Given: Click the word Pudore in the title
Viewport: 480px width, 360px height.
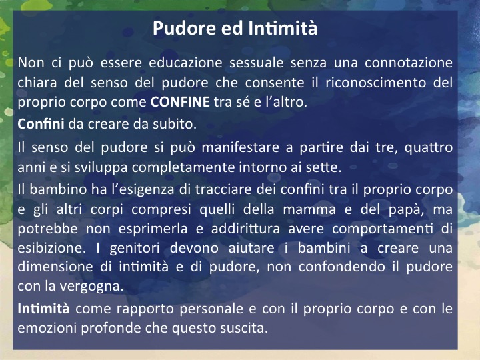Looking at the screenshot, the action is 185,28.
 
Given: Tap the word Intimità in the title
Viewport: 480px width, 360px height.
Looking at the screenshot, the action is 283,28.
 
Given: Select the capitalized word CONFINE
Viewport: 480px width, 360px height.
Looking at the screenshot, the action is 180,102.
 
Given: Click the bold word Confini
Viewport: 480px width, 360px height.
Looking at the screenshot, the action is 41,124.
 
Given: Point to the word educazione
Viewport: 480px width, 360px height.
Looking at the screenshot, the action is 185,63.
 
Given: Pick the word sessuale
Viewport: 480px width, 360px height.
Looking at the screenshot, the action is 256,63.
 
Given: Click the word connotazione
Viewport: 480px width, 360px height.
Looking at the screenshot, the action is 409,63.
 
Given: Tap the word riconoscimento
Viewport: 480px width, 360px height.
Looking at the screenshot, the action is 375,83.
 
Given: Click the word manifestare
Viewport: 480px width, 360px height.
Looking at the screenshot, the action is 240,147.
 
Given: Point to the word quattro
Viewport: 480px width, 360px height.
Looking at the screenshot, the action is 429,148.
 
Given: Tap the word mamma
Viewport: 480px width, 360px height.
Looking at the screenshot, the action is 309,210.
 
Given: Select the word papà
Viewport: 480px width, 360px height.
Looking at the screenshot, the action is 406,210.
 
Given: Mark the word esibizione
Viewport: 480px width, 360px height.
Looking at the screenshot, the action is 51,248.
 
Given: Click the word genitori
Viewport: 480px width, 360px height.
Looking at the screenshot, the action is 135,249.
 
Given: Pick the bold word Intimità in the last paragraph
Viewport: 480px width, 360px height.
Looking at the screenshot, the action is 43,309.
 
